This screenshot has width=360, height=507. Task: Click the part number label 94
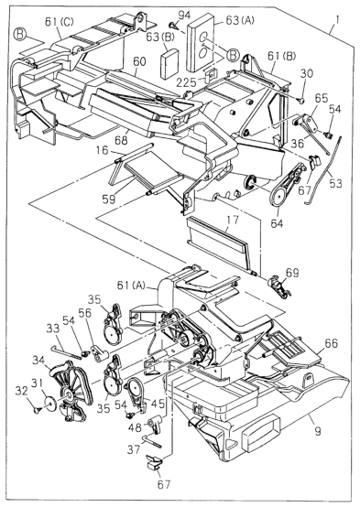[184, 16]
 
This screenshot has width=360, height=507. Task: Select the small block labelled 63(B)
[170, 64]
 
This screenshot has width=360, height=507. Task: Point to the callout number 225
[187, 82]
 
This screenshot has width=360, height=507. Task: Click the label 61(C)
[60, 23]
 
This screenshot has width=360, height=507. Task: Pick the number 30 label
[306, 74]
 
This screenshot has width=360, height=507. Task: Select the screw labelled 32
[38, 411]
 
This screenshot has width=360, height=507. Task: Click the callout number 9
[318, 431]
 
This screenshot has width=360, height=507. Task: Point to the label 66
[331, 344]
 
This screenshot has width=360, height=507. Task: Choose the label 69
[292, 274]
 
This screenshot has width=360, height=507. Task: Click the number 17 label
[233, 221]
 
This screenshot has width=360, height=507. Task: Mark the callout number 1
[337, 21]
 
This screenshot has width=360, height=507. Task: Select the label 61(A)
[131, 286]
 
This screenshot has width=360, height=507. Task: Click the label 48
[135, 427]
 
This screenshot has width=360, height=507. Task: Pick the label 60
[139, 61]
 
